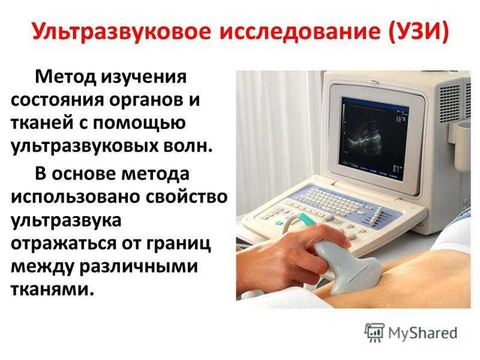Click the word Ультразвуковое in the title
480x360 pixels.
pyautogui.click(x=121, y=32)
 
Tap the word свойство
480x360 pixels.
pyautogui.click(x=186, y=197)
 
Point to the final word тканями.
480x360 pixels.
pyautogui.click(x=52, y=289)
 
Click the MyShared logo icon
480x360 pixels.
pyautogui.click(x=374, y=332)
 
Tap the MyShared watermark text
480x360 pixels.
pyautogui.click(x=422, y=332)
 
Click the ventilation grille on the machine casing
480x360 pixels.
pyautogui.click(x=450, y=103)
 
